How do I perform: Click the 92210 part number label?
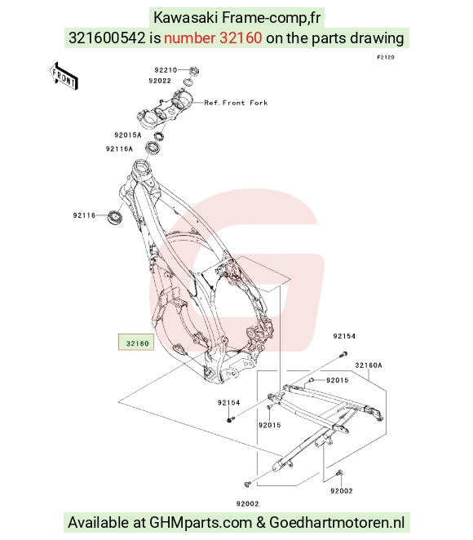point(166,70)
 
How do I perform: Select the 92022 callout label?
point(160,81)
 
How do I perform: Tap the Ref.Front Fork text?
point(236,103)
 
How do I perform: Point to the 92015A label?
point(128,135)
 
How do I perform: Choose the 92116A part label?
point(119,148)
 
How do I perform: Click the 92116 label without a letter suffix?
point(84,215)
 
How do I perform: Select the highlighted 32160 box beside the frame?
point(136,342)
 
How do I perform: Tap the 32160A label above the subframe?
point(369,365)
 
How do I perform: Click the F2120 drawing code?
point(386,58)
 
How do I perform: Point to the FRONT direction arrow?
point(64,77)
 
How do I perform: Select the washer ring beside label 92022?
point(188,82)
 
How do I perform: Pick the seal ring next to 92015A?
point(159,135)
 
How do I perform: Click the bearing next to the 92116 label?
point(115,218)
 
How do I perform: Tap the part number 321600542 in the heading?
point(107,38)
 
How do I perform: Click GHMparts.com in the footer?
point(201,522)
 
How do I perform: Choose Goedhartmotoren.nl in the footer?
point(337,522)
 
